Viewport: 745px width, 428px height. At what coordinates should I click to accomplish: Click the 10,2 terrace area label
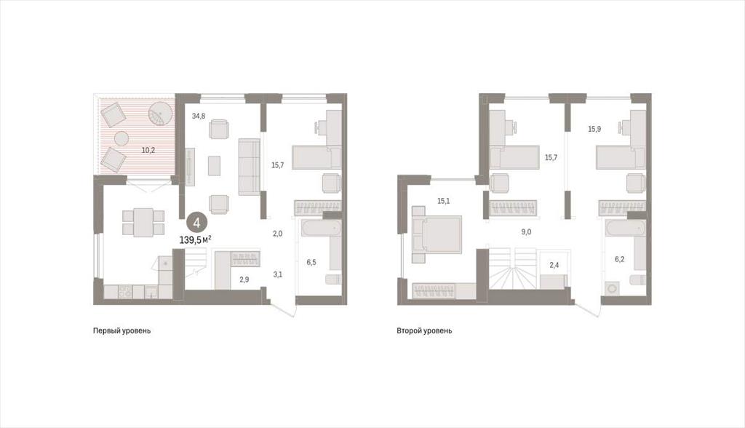click(148, 150)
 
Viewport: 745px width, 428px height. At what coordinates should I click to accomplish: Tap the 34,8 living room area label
click(199, 116)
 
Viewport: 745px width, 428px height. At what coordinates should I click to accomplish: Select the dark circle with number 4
click(196, 223)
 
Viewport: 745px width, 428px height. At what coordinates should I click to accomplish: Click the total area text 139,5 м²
click(195, 239)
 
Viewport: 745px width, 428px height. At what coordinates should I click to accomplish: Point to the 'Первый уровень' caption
click(121, 330)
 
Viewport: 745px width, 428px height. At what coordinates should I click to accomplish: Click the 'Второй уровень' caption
click(424, 330)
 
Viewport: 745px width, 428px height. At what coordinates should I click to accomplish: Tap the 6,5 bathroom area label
click(311, 262)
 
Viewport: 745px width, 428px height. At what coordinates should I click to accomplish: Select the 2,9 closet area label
click(244, 280)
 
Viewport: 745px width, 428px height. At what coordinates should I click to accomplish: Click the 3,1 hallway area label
click(278, 274)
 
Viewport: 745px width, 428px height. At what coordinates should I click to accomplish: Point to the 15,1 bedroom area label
click(443, 201)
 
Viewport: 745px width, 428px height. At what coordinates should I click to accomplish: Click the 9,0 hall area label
click(526, 232)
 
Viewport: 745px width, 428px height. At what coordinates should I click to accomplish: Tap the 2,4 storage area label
click(554, 266)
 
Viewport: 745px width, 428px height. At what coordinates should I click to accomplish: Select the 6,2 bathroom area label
click(620, 259)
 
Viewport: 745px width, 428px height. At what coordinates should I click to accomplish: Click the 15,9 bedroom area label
click(594, 129)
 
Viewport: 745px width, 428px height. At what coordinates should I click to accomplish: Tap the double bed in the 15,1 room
click(437, 234)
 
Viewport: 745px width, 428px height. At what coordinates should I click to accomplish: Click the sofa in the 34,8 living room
click(249, 167)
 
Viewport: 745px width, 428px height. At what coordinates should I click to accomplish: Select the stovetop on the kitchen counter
click(125, 291)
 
